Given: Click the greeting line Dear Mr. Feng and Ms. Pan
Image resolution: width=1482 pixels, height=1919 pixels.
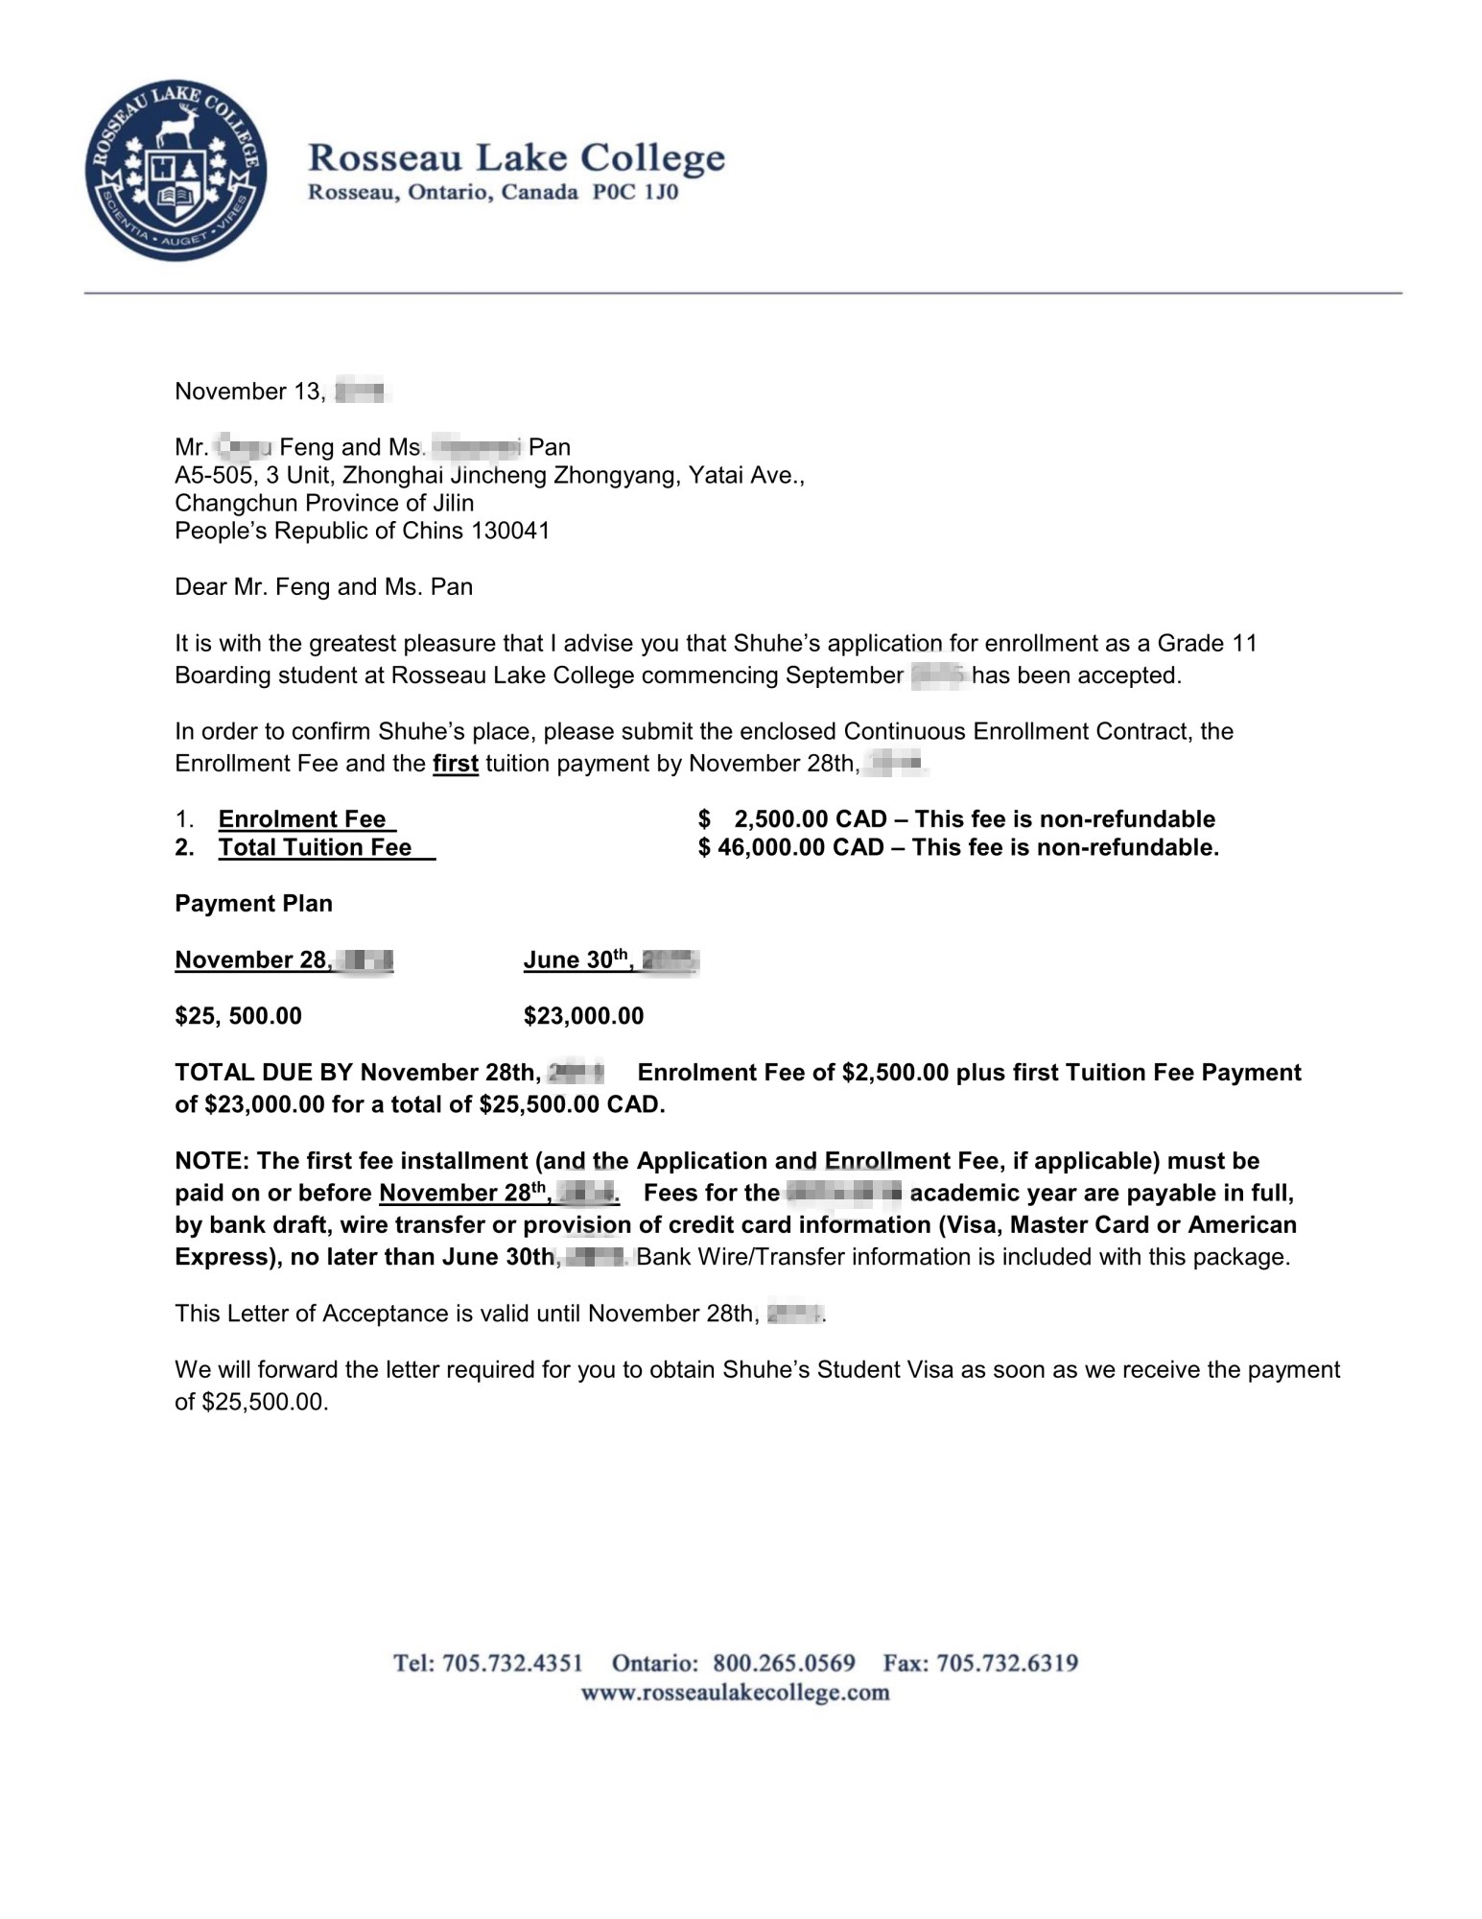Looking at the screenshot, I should [x=323, y=587].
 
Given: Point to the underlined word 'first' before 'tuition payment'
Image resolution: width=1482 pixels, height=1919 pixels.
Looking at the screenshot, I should [x=456, y=765].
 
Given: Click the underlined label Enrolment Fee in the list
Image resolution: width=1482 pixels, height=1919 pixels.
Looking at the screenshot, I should [x=302, y=819].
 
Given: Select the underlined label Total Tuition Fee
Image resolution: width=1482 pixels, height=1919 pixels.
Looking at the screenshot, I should [x=315, y=847].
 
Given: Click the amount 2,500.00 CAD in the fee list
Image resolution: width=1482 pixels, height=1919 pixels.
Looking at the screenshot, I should [x=810, y=819].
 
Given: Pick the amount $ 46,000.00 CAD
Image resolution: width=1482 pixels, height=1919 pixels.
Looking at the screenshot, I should [x=791, y=847].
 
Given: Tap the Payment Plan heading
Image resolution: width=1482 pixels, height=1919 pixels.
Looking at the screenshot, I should [x=253, y=904].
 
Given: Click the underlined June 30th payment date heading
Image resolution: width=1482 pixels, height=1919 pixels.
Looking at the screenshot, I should [x=578, y=960].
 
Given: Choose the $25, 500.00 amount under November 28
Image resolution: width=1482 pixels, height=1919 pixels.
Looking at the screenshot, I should [x=238, y=1016].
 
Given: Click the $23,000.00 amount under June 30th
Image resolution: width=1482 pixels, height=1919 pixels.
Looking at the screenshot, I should [x=583, y=1016].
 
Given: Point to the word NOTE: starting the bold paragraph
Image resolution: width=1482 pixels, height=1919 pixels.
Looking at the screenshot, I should [x=212, y=1161].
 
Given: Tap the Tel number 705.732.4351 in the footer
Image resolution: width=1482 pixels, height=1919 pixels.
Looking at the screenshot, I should [x=512, y=1663].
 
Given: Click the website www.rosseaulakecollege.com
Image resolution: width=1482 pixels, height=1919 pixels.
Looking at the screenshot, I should [x=736, y=1693].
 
